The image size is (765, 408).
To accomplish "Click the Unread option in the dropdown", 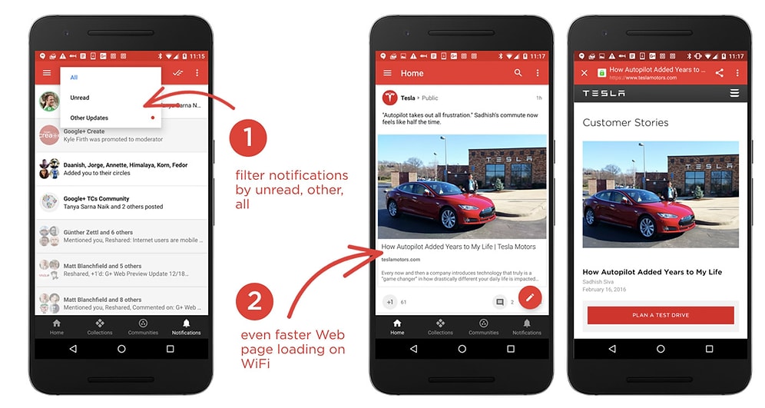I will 80,98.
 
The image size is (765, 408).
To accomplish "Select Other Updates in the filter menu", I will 89,118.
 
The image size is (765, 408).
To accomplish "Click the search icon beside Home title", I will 518,73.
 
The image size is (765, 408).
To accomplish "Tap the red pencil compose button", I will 530,297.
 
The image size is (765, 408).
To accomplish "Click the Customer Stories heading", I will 625,122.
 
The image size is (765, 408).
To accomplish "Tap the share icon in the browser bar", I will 720,73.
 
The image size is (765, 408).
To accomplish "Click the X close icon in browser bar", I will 585,73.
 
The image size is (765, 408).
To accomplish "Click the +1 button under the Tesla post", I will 390,302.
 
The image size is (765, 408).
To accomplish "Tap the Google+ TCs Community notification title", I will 96,198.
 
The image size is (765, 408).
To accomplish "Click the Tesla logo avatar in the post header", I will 389,98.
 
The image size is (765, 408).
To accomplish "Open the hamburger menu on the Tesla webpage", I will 734,93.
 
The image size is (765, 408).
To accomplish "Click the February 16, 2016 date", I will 604,290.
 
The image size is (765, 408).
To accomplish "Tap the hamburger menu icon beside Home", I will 387,73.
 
